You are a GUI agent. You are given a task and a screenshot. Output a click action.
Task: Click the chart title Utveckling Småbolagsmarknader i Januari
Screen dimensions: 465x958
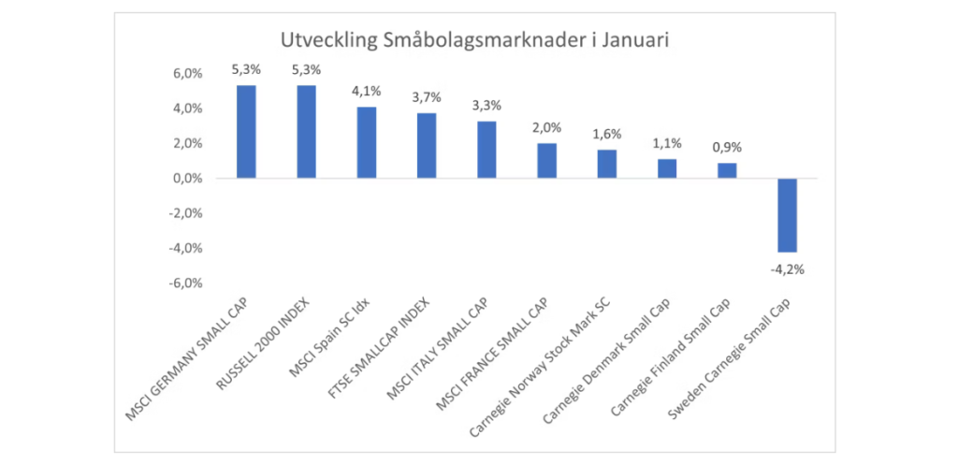tap(476, 40)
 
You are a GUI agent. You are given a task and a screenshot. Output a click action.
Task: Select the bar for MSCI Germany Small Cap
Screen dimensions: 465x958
tap(246, 131)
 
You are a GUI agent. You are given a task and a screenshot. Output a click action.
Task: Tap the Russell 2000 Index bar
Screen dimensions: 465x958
tap(306, 131)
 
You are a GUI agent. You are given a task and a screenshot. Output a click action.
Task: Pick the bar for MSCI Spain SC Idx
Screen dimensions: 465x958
tap(366, 142)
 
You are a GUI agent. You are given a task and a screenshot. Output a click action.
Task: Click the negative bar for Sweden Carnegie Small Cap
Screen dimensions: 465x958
tap(787, 215)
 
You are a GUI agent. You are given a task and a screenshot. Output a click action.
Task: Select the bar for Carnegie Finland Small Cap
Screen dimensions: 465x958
tap(727, 170)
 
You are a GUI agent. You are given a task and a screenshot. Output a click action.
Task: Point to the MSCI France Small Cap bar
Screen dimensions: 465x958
tap(546, 160)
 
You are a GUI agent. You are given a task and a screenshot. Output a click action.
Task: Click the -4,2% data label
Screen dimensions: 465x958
tap(787, 269)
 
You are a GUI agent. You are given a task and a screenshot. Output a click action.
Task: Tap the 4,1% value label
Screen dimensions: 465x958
tap(366, 91)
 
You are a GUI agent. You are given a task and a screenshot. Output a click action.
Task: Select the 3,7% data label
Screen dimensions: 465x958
tap(427, 97)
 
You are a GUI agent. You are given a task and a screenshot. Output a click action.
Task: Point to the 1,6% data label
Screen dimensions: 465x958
tap(607, 134)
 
